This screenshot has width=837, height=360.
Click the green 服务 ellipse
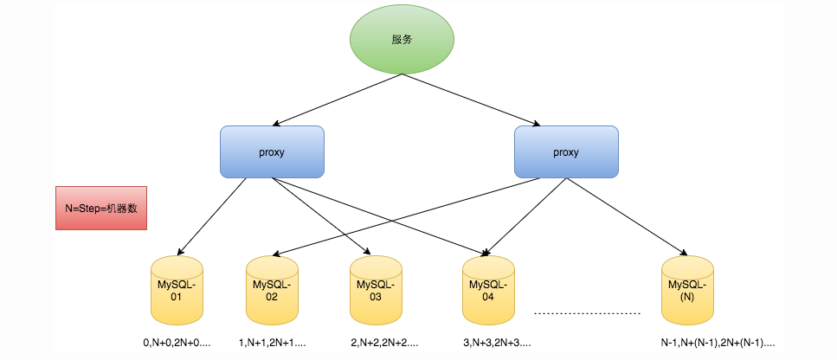pos(402,40)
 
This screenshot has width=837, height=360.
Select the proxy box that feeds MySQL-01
pos(273,152)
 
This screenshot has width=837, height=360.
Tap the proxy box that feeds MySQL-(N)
pos(566,152)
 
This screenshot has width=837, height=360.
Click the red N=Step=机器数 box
pos(101,208)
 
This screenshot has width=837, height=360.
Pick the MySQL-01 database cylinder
pos(177,290)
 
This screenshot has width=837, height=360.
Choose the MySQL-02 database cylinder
pos(272,290)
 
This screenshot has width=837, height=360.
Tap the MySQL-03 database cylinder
pos(376,290)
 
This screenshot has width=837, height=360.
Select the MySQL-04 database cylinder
pos(488,290)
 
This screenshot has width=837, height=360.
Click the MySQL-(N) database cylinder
pos(687,290)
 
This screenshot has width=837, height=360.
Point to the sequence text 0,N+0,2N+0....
pos(177,344)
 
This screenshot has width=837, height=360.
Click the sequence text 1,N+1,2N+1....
pos(273,344)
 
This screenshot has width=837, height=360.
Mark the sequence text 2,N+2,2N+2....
pos(385,344)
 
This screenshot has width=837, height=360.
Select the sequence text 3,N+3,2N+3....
pos(498,344)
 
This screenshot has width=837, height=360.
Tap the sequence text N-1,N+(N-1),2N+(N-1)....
pos(718,344)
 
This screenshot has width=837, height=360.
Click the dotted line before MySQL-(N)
pos(587,313)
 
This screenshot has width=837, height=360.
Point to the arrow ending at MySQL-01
pos(212,216)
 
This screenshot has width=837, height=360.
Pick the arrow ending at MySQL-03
pos(321,216)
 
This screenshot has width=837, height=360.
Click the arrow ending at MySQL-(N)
pos(627,216)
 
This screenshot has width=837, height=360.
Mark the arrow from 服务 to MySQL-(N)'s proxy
pos(471,100)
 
